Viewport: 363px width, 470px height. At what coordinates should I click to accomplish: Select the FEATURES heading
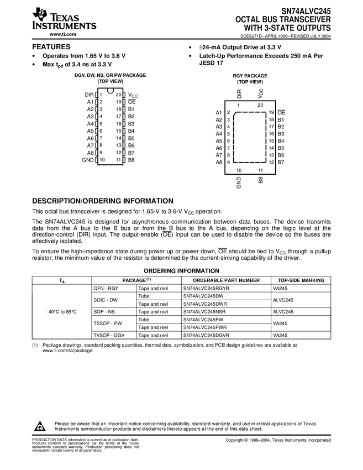point(51,47)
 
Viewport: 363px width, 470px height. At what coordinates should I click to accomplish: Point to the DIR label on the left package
point(90,95)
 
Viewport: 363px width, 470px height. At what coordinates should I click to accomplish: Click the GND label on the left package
point(88,160)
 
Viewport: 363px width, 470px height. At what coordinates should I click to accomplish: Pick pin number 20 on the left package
point(118,95)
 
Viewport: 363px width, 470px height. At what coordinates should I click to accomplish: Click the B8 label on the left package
point(131,160)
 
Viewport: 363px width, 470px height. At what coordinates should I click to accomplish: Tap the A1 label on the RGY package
point(219,113)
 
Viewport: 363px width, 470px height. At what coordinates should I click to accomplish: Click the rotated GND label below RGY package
point(239,183)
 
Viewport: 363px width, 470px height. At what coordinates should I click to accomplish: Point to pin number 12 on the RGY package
point(271,162)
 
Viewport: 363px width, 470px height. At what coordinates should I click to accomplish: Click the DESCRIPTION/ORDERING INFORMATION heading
point(103,201)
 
